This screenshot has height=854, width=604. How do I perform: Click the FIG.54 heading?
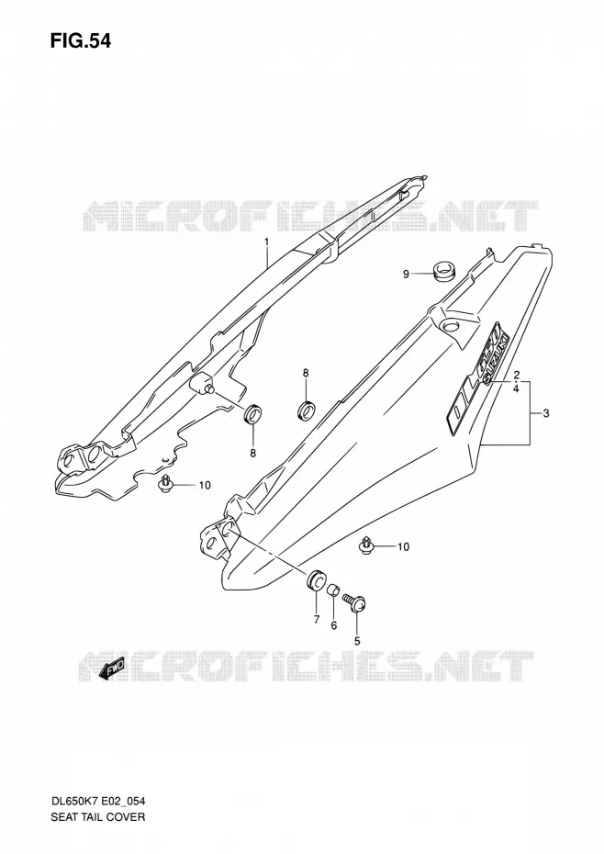coord(81,40)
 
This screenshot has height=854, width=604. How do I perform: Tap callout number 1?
coord(267,241)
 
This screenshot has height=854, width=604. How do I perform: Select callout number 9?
coord(406,274)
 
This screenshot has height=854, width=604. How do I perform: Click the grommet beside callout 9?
coord(444,270)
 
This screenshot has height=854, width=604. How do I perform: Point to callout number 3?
coord(546,413)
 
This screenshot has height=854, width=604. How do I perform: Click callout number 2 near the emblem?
coord(516,376)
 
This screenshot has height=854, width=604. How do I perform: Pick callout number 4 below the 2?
coord(516,388)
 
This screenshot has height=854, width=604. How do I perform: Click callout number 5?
coord(357,641)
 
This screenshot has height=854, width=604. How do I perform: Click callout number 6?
coord(334,625)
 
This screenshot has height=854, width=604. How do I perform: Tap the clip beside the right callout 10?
coord(366,545)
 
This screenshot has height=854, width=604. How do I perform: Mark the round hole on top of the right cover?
coord(451,327)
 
